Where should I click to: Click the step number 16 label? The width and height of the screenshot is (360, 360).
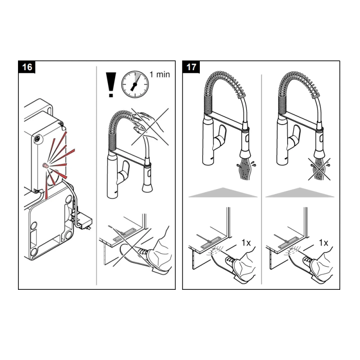click(27, 67)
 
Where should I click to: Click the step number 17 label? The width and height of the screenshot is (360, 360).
click(191, 67)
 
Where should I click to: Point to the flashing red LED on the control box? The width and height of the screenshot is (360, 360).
click(45, 166)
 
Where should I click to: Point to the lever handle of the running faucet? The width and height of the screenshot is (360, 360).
click(222, 137)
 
